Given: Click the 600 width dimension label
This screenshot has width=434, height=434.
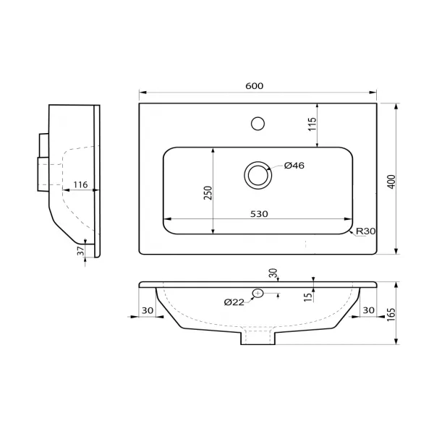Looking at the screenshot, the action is pos(255,86).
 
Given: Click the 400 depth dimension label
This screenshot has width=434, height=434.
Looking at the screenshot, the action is pos(391,182).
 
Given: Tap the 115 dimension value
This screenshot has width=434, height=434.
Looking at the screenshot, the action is pos(312,124).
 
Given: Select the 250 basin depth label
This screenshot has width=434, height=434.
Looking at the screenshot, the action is pos(208,193).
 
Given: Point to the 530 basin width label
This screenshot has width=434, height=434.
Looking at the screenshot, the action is pos(259,214).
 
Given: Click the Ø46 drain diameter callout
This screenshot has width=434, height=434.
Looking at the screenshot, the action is pos(294,166).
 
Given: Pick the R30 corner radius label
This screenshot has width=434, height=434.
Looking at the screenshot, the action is pos(365,231).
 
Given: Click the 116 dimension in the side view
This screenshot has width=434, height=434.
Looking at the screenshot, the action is pos(80,184).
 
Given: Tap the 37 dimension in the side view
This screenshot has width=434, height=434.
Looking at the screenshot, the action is pos(80,251).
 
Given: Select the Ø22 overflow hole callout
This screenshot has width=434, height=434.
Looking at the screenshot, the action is pos(234,302).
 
